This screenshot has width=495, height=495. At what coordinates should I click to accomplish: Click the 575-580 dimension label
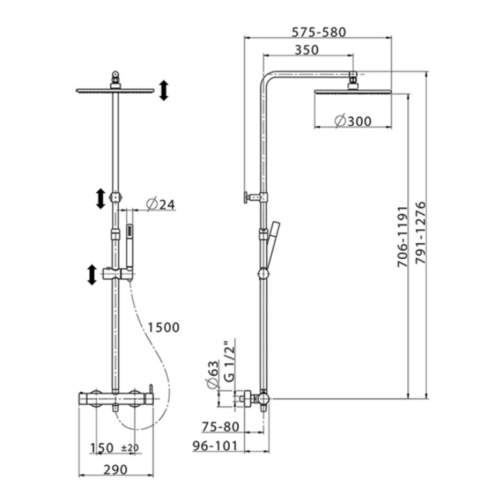(x=319, y=32)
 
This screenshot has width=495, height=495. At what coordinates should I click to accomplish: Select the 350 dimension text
(x=307, y=50)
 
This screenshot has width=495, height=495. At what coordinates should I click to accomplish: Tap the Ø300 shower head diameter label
(x=353, y=121)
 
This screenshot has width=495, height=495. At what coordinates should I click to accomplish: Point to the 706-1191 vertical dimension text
(x=403, y=237)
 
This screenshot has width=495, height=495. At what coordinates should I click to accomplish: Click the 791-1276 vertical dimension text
(x=421, y=233)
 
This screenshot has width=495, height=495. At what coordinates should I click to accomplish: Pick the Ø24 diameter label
(x=160, y=205)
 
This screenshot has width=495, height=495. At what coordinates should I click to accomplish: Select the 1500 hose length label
(x=163, y=327)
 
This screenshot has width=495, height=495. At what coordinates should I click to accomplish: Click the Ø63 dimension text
(x=213, y=374)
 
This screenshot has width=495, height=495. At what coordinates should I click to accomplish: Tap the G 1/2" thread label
(x=230, y=361)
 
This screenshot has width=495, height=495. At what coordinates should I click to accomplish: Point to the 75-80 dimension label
(x=220, y=427)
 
